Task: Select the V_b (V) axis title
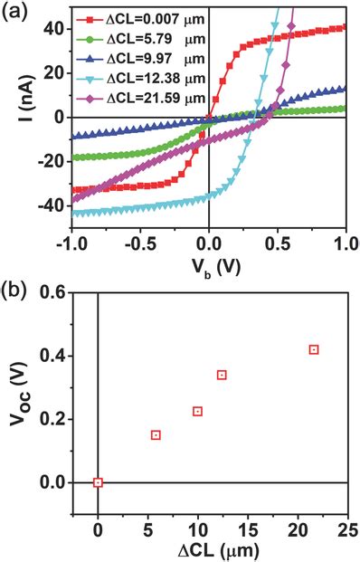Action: coord(208,263)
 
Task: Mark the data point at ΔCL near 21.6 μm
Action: coord(314,349)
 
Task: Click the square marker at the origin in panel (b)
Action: coord(98,482)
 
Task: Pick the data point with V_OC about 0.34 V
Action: coord(222,375)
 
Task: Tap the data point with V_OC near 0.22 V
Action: coord(197,412)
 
